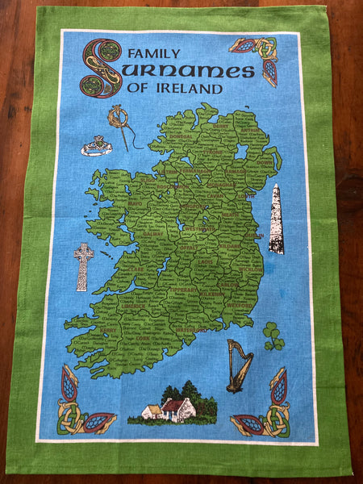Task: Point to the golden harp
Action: coord(238,365)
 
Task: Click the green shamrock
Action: coord(273,336)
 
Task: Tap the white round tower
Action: coord(276,219)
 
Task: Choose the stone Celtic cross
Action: coord(83,266)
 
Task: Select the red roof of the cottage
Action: coord(174,404)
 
